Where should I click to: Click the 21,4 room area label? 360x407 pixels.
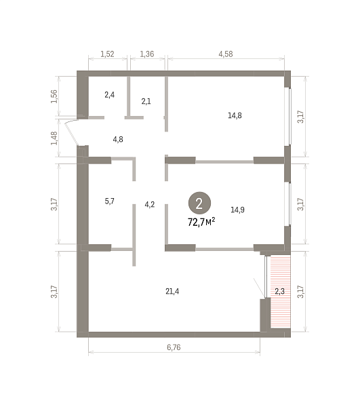tap(172, 292)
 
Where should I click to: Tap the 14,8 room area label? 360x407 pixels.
tap(235, 115)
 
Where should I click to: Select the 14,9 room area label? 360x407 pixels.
tap(237, 210)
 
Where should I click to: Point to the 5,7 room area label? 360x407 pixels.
tap(109, 201)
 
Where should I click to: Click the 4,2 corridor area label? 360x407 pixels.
tap(150, 205)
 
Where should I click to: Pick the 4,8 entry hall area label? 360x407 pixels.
tap(118, 140)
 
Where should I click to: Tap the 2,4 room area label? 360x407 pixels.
tap(109, 95)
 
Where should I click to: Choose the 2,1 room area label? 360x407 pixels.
tap(146, 101)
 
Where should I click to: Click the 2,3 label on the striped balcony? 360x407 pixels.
tap(280, 291)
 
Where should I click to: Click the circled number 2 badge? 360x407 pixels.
tap(199, 203)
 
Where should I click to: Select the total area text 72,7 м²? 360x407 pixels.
tap(201, 222)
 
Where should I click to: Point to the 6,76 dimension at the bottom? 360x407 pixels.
tap(174, 347)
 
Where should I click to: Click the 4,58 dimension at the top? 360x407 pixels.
tap(226, 54)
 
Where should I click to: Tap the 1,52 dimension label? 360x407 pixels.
tap(107, 54)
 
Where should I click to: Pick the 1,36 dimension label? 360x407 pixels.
tap(147, 54)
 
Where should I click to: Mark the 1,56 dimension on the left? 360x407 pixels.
tap(54, 96)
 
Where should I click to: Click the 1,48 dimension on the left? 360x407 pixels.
tap(54, 138)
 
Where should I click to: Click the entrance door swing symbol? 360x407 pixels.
tap(72, 132)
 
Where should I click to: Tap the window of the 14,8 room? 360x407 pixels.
tap(289, 117)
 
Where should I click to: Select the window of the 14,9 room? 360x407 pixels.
tap(289, 204)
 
